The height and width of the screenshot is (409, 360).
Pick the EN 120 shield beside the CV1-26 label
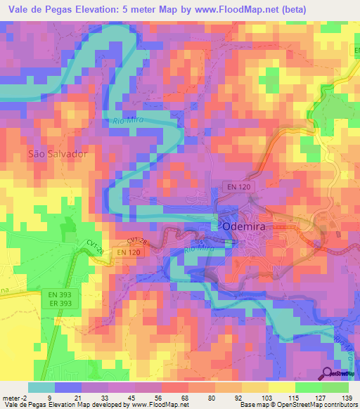click(128, 252)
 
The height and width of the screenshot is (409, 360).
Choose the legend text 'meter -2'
click(15, 397)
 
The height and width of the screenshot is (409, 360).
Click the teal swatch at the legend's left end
click(41, 387)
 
